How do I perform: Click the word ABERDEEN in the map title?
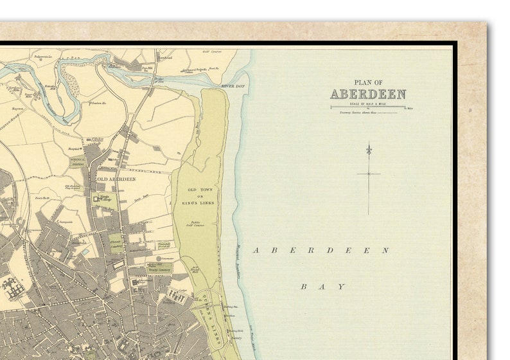(368, 94)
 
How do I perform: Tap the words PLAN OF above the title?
(368, 82)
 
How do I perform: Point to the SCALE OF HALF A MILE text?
(367, 103)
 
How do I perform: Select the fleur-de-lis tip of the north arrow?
(369, 149)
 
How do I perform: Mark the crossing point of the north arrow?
(369, 174)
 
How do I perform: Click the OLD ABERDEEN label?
(116, 179)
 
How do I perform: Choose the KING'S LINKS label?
(200, 197)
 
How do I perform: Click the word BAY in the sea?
(323, 287)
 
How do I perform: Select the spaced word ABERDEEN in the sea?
(321, 250)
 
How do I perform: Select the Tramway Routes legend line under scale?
(368, 113)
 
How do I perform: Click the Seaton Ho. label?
(97, 103)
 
